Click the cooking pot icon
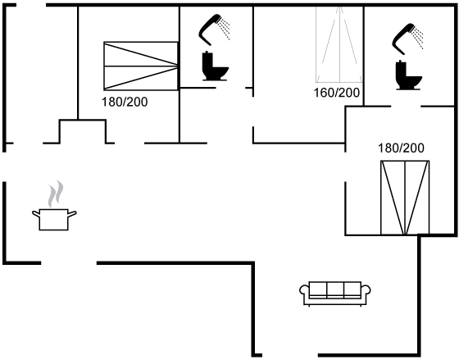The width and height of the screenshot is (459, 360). pos(54,220)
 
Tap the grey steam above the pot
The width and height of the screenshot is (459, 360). pos(56,194)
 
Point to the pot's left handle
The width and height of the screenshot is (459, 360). pos(36,214)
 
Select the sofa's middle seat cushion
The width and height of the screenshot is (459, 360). pos(335,289)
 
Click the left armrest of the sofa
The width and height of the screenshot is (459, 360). pos(304,290)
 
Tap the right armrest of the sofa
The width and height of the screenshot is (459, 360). pos(366,290)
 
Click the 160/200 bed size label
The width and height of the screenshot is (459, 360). pos(337,93)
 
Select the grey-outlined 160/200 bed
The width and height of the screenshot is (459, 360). pos(339,44)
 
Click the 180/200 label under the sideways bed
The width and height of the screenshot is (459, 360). pos(125,102)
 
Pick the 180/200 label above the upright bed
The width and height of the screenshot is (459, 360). pos(401,148)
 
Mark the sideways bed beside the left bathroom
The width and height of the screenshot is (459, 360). pos(141,66)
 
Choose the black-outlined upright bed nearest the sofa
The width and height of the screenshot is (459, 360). pos(405,198)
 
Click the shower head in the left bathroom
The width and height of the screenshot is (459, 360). pos(209,30)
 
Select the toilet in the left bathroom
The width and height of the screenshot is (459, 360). pos(215,66)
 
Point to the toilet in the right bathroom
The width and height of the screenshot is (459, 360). pos(409,75)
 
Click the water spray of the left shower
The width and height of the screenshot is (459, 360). pos(225,29)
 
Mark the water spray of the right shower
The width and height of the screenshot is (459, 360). pos(419,38)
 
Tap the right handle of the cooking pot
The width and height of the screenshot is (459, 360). pos(72,214)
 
